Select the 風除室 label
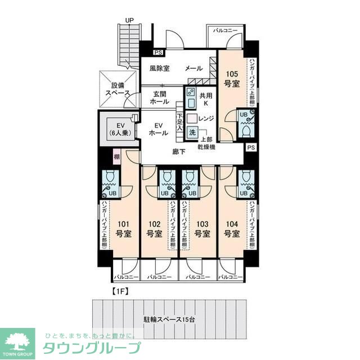pyautogui.click(x=160, y=69)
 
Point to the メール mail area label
pyautogui.click(x=194, y=69)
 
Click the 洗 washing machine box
pyautogui.click(x=192, y=133)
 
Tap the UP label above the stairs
pyautogui.click(x=129, y=20)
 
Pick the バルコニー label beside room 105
pyautogui.click(x=225, y=30)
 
